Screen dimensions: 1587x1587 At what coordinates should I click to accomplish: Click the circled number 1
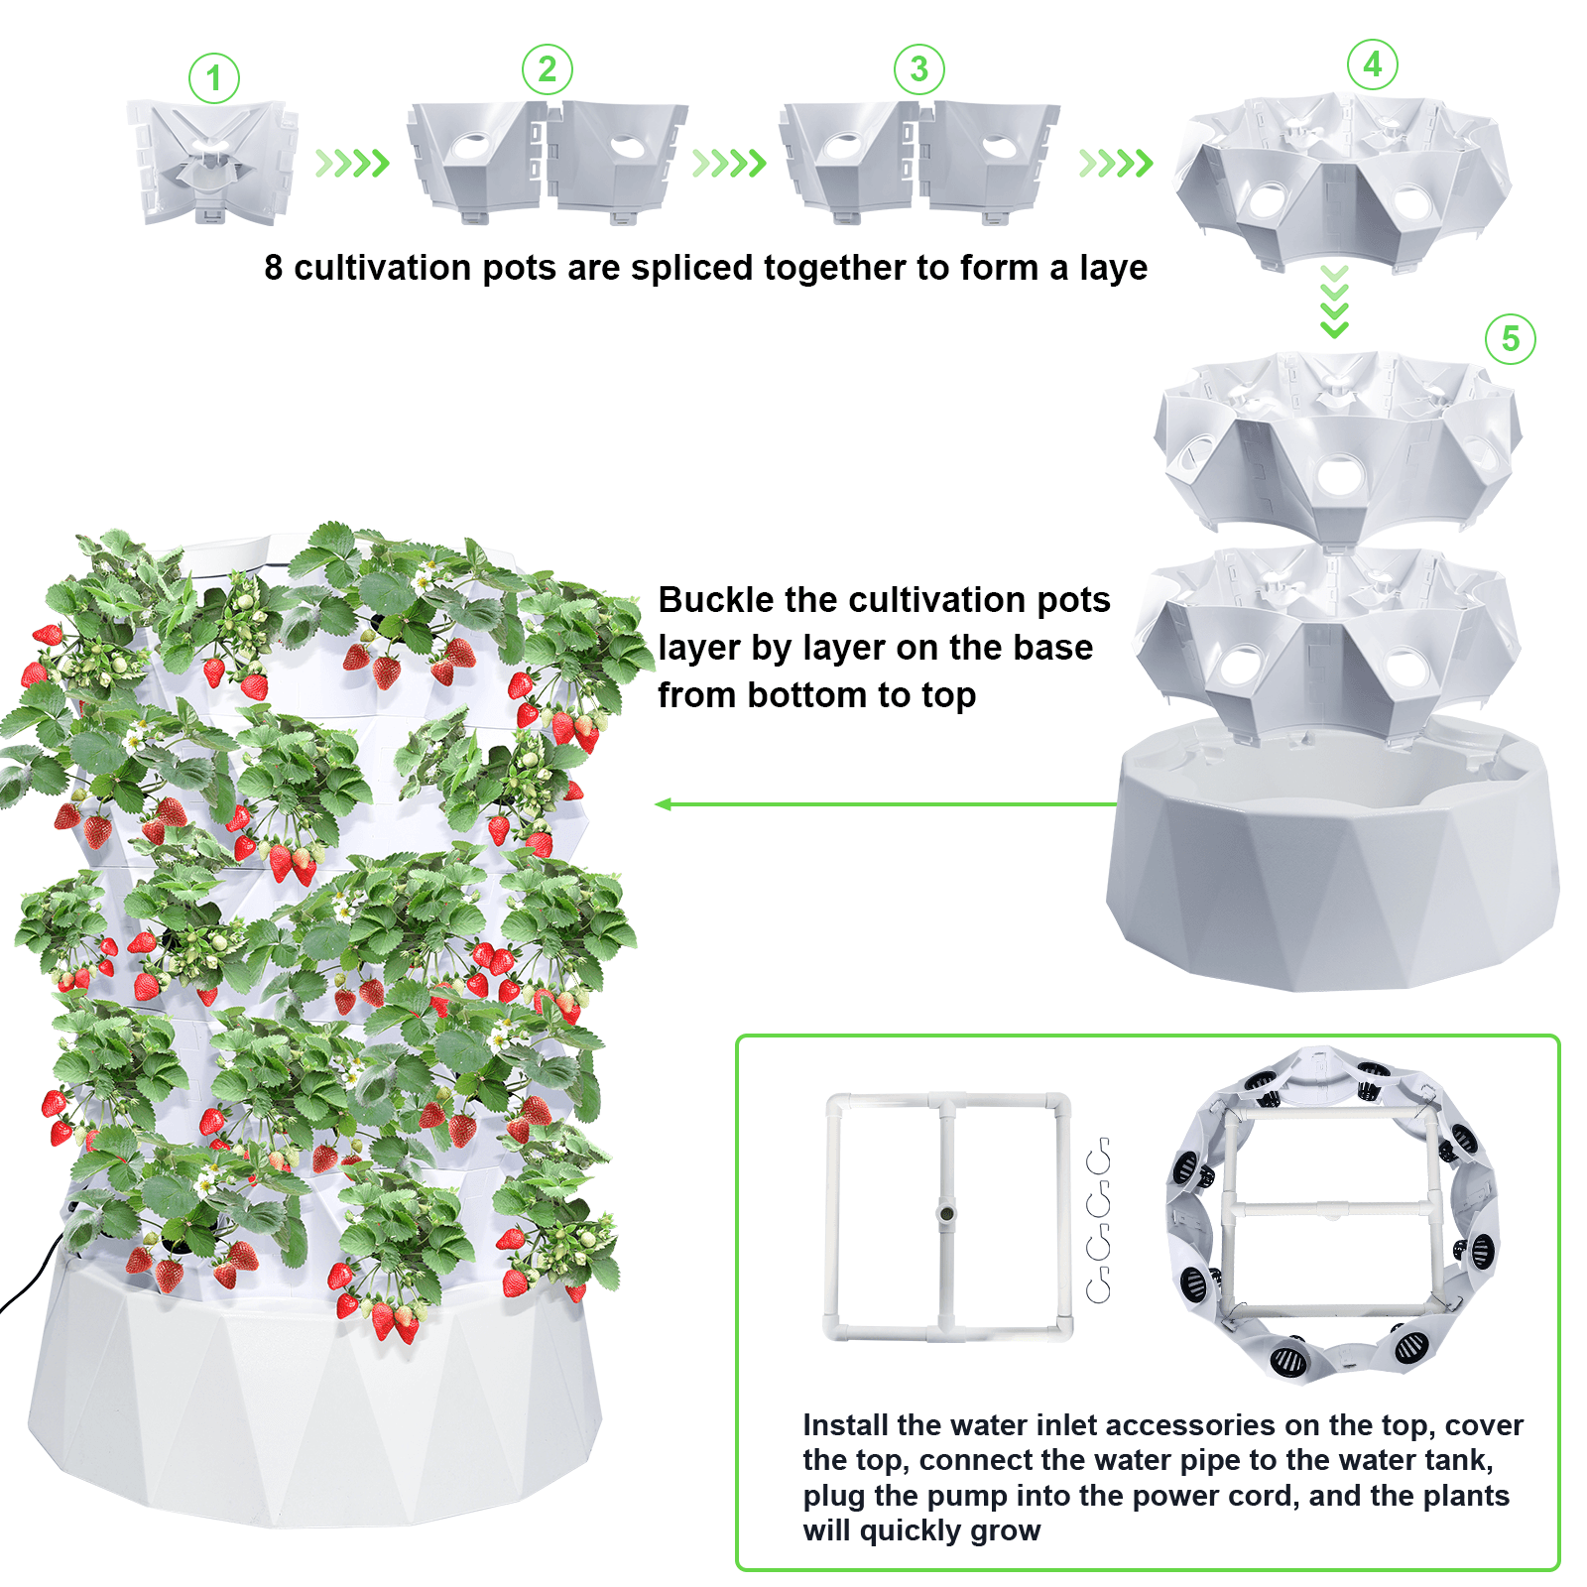click(x=214, y=78)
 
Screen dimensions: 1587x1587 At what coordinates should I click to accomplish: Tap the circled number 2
click(x=547, y=69)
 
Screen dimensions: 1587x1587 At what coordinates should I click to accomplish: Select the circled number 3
click(x=918, y=69)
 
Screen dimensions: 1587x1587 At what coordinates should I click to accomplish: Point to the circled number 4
click(x=1372, y=65)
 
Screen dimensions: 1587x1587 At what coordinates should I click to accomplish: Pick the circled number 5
click(x=1510, y=339)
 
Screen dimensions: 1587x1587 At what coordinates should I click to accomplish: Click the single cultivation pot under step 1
click(x=211, y=163)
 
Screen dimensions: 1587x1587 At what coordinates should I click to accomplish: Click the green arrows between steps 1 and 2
click(x=351, y=163)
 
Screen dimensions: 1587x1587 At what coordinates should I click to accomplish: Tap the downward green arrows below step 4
click(x=1335, y=302)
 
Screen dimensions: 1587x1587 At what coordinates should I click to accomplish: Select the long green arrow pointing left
click(x=883, y=803)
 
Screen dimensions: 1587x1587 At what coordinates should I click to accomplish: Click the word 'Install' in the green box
click(x=845, y=1425)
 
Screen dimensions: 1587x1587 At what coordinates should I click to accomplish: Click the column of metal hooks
click(x=1098, y=1220)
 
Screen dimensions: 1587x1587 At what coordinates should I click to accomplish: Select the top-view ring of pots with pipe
click(x=1332, y=1215)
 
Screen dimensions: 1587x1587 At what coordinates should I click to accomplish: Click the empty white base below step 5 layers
click(x=1331, y=873)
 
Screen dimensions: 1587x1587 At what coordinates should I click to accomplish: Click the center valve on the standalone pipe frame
click(x=947, y=1214)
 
